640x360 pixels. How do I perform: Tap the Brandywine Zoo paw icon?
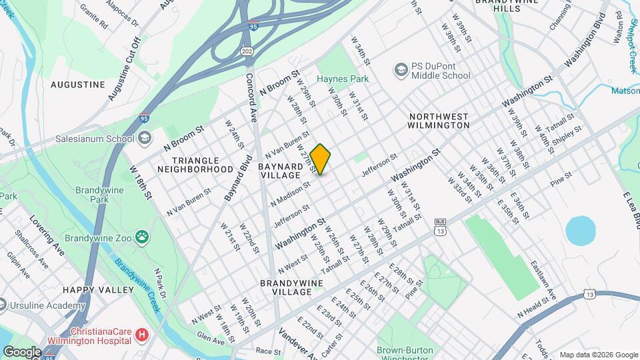coord(142,237)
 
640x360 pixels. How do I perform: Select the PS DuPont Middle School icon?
coord(401,70)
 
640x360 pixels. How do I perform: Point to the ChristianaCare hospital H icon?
coord(141,335)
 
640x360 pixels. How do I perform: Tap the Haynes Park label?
coord(343,79)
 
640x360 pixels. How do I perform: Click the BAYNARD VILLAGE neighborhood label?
coord(281,170)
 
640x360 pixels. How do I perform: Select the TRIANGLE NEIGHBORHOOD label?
coord(195,165)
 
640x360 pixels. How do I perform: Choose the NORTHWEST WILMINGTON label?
coord(439,120)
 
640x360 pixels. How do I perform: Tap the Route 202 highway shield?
coord(247,51)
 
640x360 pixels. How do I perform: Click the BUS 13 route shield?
coord(439,227)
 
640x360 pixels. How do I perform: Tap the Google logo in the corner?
coord(22,351)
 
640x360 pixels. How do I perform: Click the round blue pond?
coord(580,231)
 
